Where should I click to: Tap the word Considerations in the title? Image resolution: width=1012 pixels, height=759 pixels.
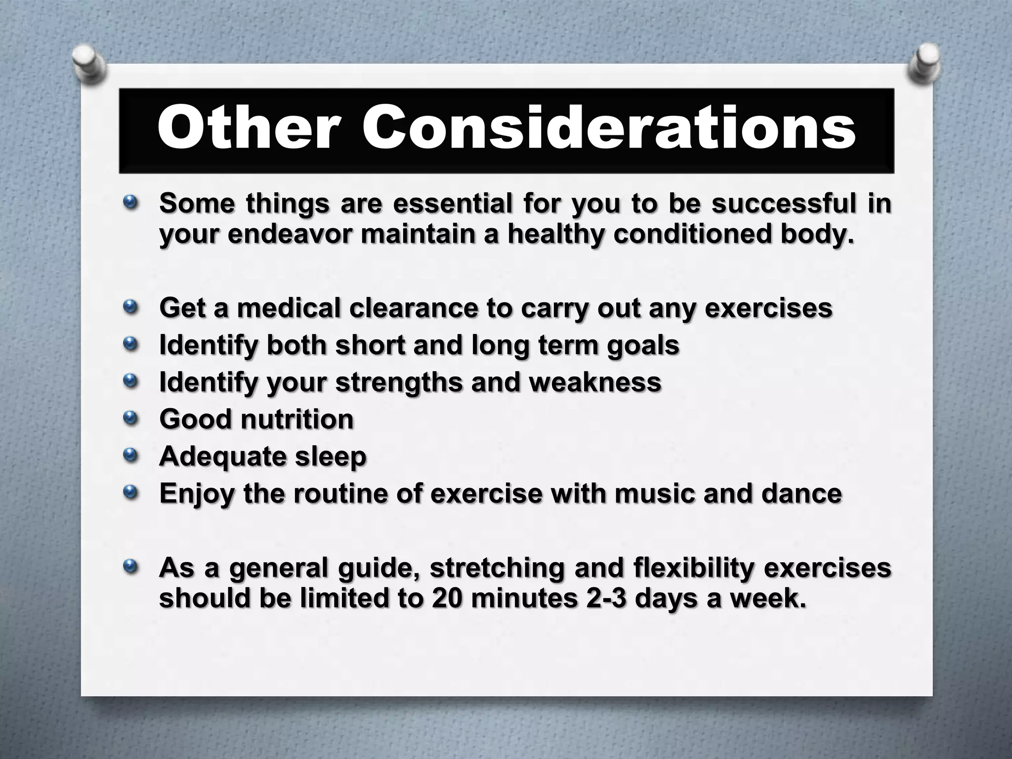[x=609, y=128]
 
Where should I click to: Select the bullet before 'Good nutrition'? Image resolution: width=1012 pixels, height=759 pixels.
[x=130, y=419]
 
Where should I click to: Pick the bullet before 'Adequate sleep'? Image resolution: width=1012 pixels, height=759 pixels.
[x=130, y=456]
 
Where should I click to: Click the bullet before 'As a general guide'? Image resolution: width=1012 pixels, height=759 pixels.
[x=130, y=567]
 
